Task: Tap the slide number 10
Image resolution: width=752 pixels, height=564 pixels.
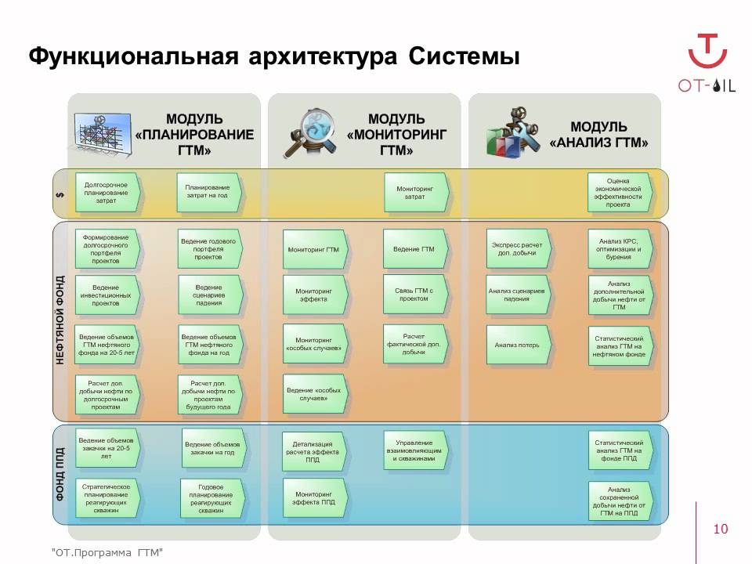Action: tap(721, 530)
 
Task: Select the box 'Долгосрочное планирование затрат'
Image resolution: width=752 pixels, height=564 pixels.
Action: tap(107, 193)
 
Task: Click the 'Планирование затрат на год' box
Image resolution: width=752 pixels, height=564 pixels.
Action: tap(208, 193)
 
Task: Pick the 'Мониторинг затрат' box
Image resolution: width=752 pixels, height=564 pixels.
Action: tap(415, 193)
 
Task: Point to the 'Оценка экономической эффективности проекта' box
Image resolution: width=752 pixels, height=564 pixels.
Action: tap(619, 193)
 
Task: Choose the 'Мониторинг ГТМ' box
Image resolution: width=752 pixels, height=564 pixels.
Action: tap(313, 250)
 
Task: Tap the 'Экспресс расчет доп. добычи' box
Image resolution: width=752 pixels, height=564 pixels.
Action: tap(517, 249)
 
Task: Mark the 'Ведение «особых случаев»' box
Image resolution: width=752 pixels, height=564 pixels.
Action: tap(313, 394)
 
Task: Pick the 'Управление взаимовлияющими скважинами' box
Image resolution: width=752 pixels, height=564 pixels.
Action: tap(414, 451)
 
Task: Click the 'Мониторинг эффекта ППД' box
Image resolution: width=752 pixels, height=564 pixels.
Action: tap(313, 497)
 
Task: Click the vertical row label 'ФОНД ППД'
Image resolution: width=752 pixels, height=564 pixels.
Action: tap(61, 475)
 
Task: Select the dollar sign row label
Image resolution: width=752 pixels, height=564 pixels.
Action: tap(61, 194)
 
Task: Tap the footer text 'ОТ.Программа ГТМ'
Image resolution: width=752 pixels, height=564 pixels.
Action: tap(107, 553)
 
